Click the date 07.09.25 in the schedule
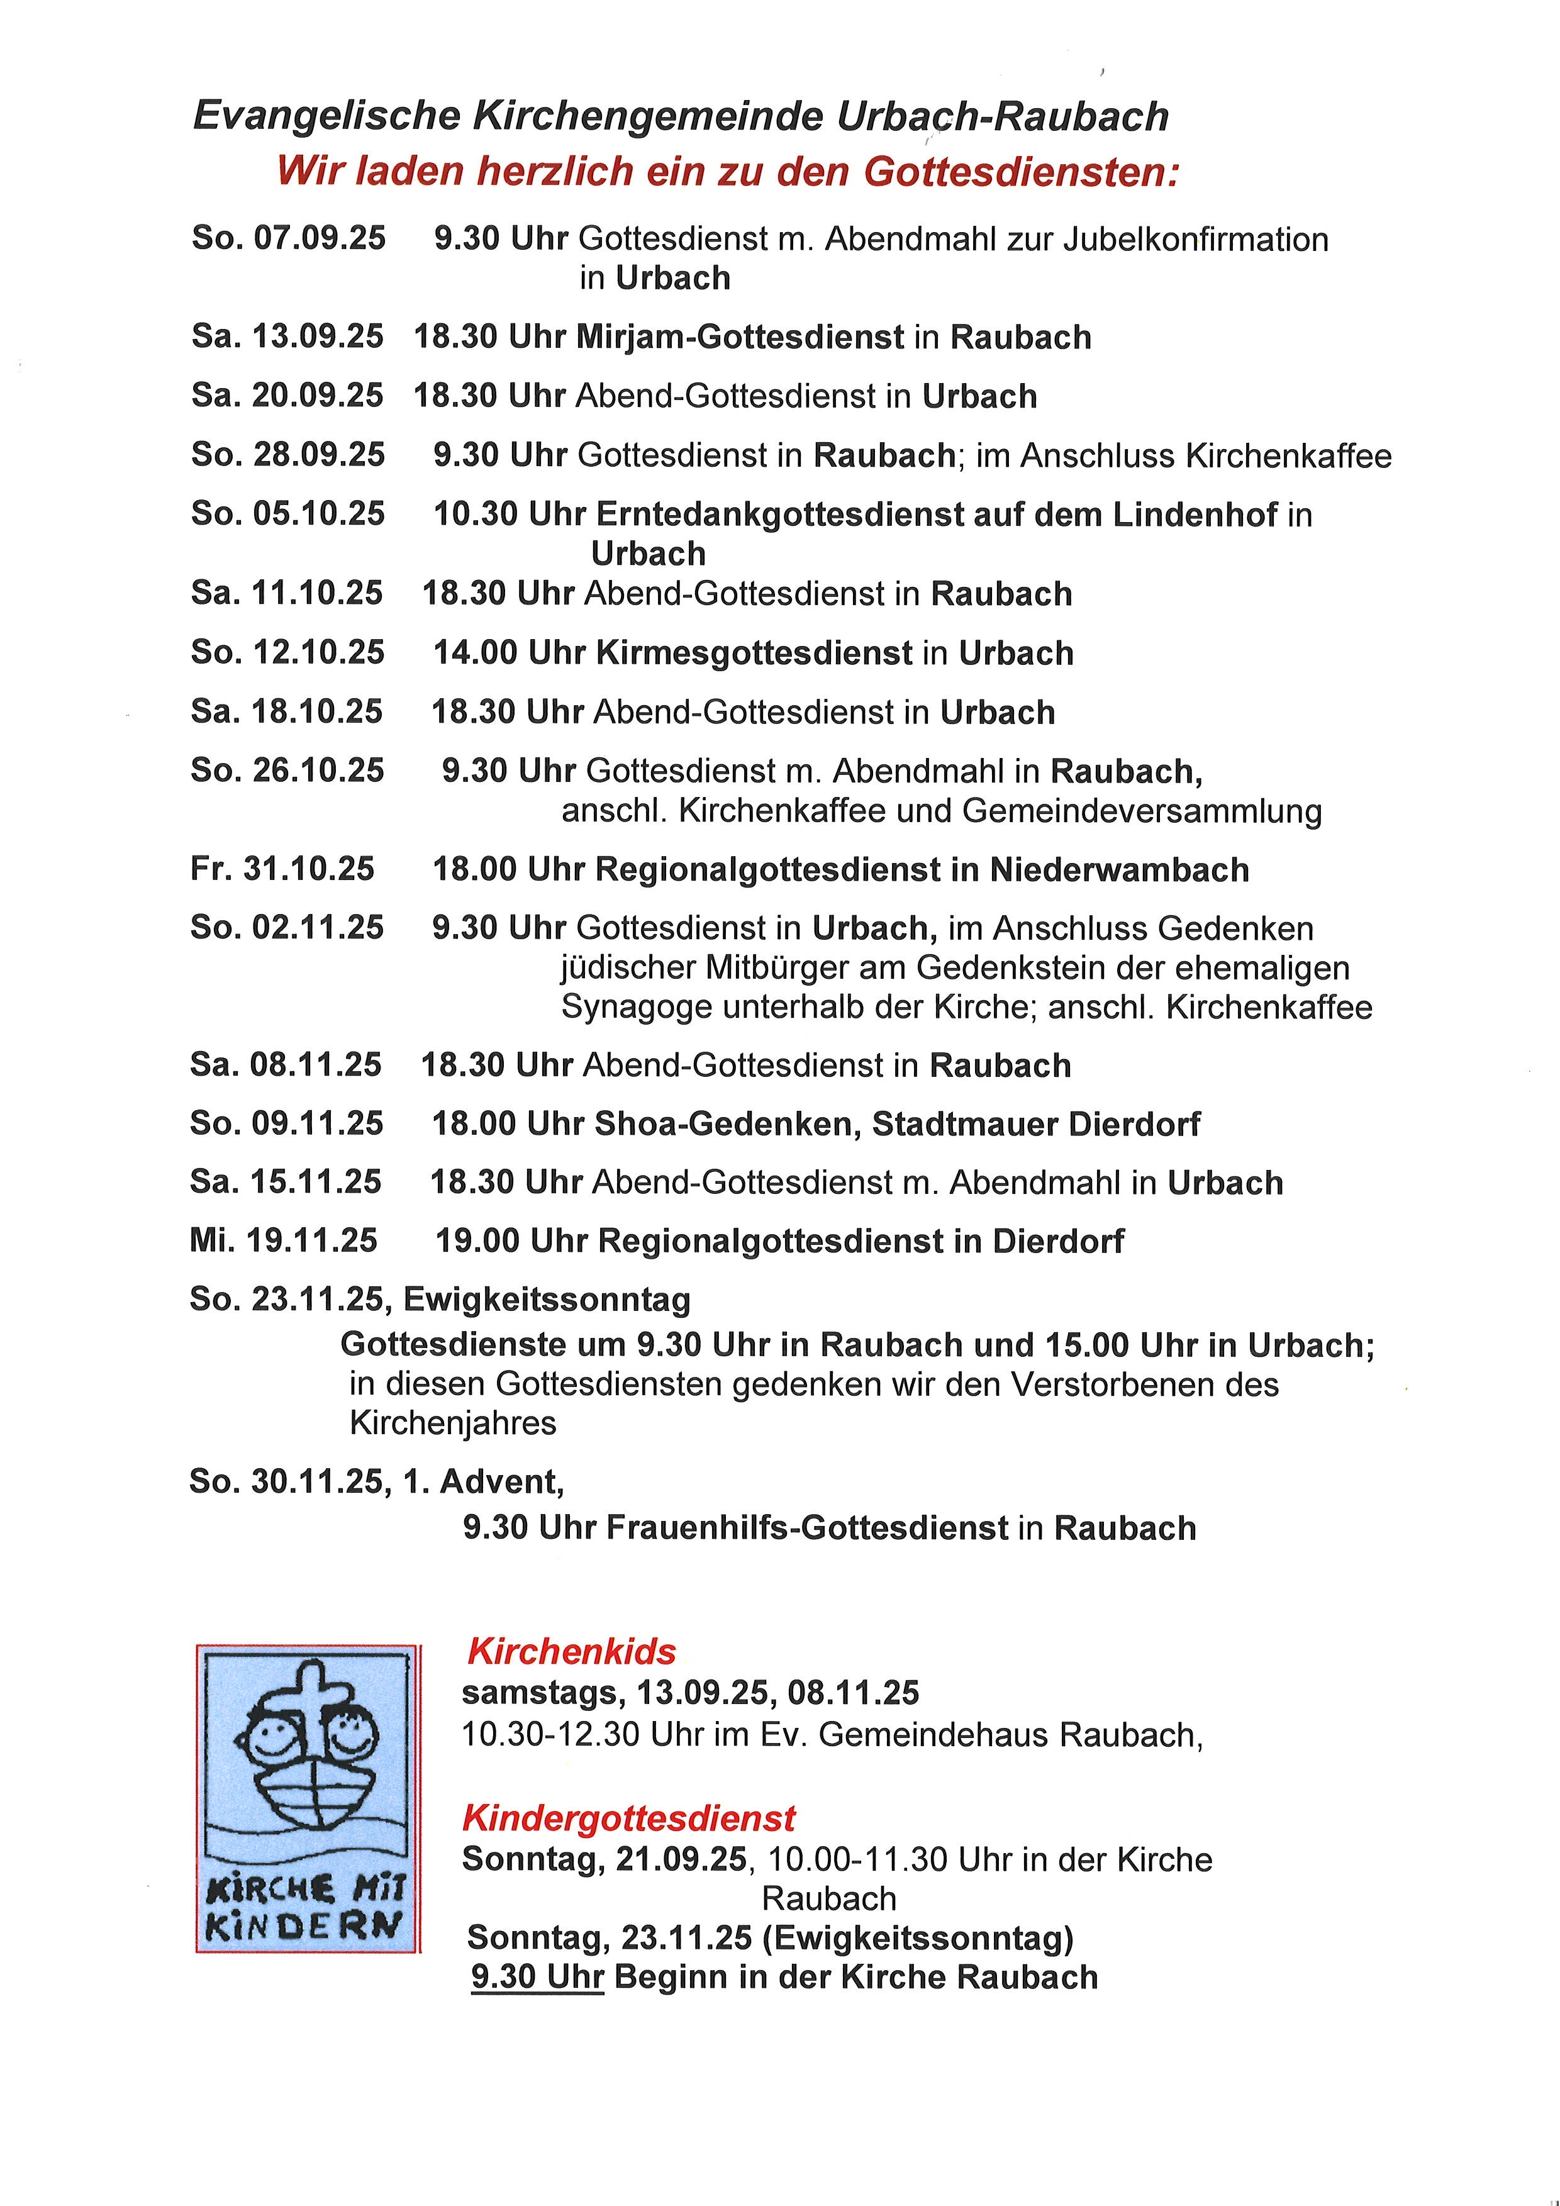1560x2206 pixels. [319, 238]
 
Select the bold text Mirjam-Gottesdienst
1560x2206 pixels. [740, 337]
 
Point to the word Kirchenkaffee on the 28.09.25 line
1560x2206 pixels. [1288, 455]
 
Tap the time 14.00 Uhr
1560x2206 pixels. [509, 654]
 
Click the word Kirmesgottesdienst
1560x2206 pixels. [754, 654]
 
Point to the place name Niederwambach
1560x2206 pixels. [1119, 871]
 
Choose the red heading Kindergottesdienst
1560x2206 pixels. [628, 1818]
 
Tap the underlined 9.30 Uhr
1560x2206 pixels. [537, 1977]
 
